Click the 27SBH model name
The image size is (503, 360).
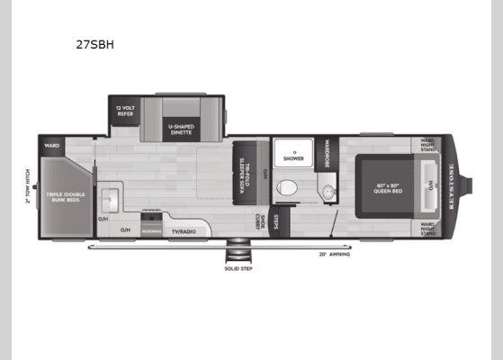pyautogui.click(x=99, y=43)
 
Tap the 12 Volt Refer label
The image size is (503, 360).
pyautogui.click(x=124, y=112)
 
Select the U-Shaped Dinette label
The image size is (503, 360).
pyautogui.click(x=178, y=130)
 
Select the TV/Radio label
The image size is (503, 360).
pyautogui.click(x=184, y=231)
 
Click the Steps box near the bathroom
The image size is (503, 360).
pyautogui.click(x=277, y=219)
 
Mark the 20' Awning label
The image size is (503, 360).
pyautogui.click(x=335, y=254)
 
